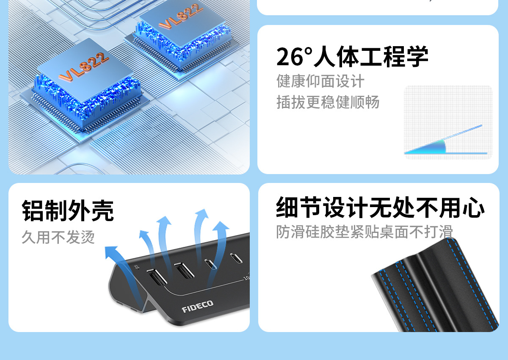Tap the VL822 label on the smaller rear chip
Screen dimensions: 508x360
(x=181, y=18)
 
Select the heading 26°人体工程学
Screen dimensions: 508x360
(x=352, y=57)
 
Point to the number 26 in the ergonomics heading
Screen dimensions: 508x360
(x=290, y=57)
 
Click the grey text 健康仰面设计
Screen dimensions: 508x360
(x=320, y=81)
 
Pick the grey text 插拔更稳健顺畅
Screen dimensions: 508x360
(x=328, y=102)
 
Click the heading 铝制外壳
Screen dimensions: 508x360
(x=68, y=210)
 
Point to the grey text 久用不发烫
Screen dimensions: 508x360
(x=58, y=237)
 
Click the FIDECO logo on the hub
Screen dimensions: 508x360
(x=197, y=306)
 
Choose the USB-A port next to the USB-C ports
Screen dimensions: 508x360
(x=184, y=270)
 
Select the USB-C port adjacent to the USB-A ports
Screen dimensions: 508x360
(x=210, y=264)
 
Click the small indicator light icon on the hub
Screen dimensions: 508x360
(x=136, y=267)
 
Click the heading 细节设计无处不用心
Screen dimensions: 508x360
(x=380, y=207)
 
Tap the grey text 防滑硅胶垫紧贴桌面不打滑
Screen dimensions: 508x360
(x=364, y=232)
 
